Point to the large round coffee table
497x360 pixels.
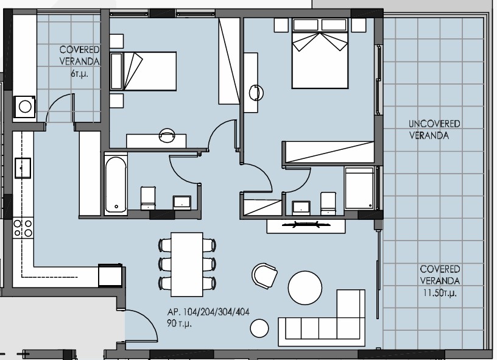305,287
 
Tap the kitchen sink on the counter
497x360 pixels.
23,166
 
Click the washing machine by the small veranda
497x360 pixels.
25,106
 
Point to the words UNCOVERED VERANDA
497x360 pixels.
434,130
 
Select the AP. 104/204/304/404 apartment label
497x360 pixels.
208,312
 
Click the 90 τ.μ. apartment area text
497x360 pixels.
179,323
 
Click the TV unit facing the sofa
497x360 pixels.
307,225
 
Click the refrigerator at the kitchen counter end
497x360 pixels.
111,275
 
